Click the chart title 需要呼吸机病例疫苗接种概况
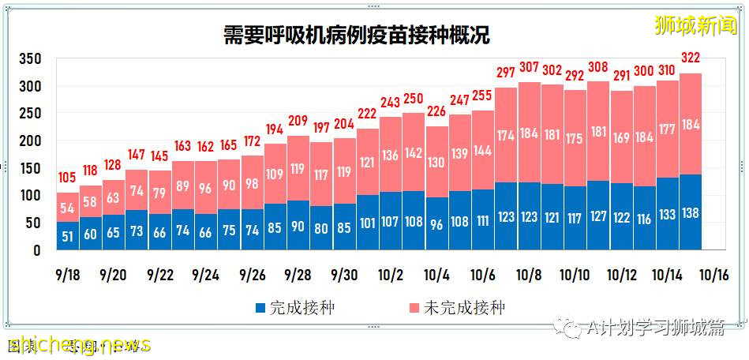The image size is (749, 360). pyautogui.click(x=356, y=35)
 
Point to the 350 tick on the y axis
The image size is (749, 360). pyautogui.click(x=31, y=59)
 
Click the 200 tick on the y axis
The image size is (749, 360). pyautogui.click(x=31, y=141)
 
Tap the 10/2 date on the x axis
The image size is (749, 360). pyautogui.click(x=391, y=276)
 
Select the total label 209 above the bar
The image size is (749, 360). pyautogui.click(x=298, y=121)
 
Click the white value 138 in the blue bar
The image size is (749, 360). pyautogui.click(x=691, y=213)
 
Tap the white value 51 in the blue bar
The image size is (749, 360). pyautogui.click(x=68, y=236)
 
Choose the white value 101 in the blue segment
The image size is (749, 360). pyautogui.click(x=368, y=223)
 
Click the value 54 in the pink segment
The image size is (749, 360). pyautogui.click(x=68, y=208)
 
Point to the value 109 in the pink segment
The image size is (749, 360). pyautogui.click(x=275, y=174)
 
